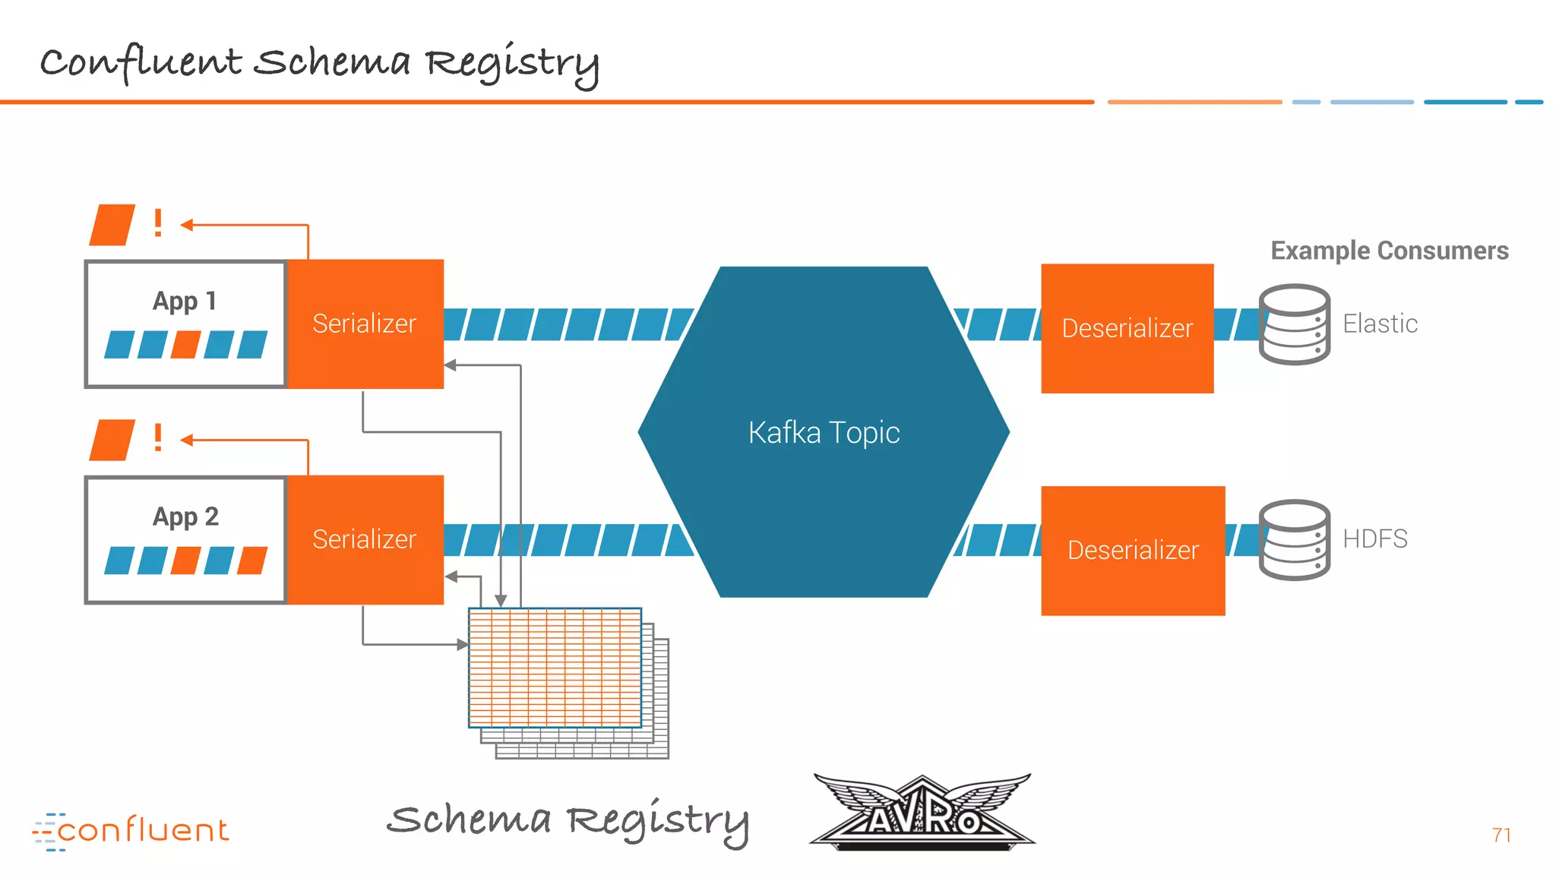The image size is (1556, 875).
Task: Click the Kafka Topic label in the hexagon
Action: pyautogui.click(x=824, y=432)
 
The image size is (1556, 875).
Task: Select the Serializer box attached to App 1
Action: pyautogui.click(x=365, y=324)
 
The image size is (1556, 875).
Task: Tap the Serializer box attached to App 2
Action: pyautogui.click(x=365, y=539)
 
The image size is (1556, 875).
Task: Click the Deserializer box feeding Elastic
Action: pyautogui.click(x=1127, y=328)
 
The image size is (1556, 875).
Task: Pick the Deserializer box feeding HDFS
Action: pyautogui.click(x=1133, y=550)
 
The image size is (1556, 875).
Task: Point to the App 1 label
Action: pyautogui.click(x=185, y=301)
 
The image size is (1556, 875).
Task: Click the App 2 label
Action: pyautogui.click(x=185, y=516)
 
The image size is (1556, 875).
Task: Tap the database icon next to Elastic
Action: pyautogui.click(x=1294, y=324)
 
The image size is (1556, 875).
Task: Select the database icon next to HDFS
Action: pyautogui.click(x=1294, y=540)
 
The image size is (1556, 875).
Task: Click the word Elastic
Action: pyautogui.click(x=1380, y=324)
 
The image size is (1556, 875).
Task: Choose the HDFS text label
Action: pyautogui.click(x=1374, y=539)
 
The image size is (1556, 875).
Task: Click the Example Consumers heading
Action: pyautogui.click(x=1390, y=251)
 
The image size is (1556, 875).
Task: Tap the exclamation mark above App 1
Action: pyautogui.click(x=158, y=223)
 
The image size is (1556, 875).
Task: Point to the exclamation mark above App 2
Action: pyautogui.click(x=158, y=438)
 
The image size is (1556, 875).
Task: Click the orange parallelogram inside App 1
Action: pyautogui.click(x=186, y=344)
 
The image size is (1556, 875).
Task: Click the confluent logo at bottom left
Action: pyautogui.click(x=131, y=830)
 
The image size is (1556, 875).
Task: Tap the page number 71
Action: pyautogui.click(x=1501, y=835)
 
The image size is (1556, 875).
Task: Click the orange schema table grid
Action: pyautogui.click(x=555, y=667)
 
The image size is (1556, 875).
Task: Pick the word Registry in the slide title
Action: pyautogui.click(x=511, y=63)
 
